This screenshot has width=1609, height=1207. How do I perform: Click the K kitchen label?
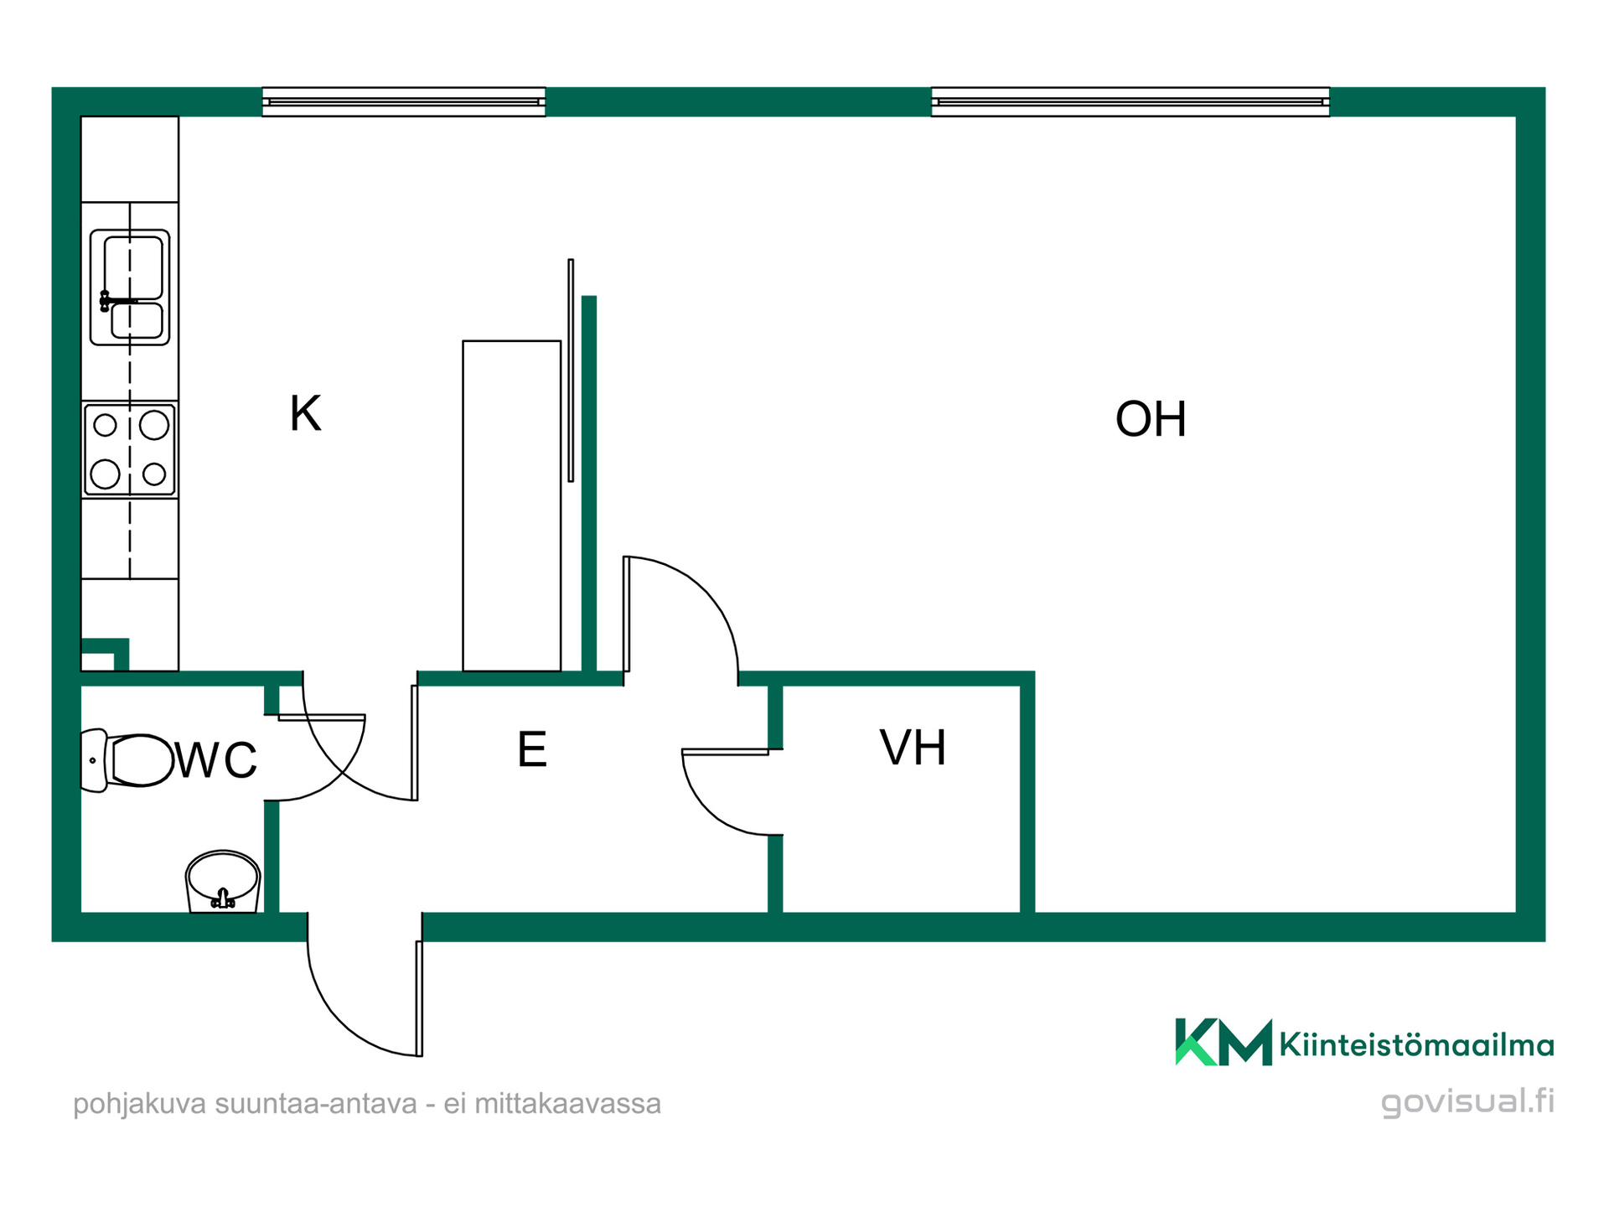[305, 413]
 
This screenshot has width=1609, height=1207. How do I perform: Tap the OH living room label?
[1151, 419]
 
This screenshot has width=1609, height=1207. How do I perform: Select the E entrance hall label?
[532, 749]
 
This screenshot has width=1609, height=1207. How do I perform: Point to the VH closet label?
[913, 748]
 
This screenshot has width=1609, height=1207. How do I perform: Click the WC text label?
[216, 760]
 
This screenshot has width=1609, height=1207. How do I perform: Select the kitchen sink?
[130, 288]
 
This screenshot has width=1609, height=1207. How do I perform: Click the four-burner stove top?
[130, 450]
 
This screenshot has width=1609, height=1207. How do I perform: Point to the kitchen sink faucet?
[113, 301]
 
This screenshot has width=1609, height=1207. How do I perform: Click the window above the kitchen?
[404, 101]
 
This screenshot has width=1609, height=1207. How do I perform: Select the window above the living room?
[1130, 101]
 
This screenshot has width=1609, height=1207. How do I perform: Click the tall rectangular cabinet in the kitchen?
[511, 505]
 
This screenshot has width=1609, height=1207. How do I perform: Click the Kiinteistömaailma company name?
[1416, 1045]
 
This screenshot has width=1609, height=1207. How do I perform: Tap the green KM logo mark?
[1224, 1042]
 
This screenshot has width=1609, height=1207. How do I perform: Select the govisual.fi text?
[1467, 1101]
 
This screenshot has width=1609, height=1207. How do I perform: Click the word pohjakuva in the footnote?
[140, 1105]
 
